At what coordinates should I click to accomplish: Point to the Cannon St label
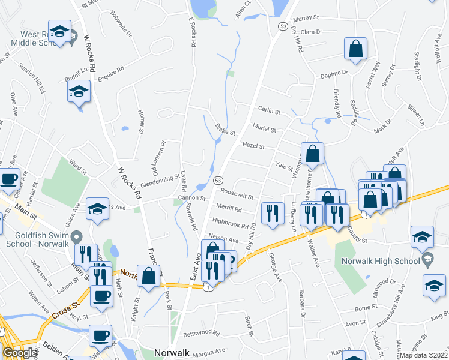[x=192, y=198]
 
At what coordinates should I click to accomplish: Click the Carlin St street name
[x=270, y=111]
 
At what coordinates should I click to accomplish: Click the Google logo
[x=19, y=352]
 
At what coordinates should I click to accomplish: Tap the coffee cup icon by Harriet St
[x=8, y=178]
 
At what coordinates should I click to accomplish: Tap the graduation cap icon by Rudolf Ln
[x=78, y=92]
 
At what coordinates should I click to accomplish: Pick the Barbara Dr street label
[x=303, y=302]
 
